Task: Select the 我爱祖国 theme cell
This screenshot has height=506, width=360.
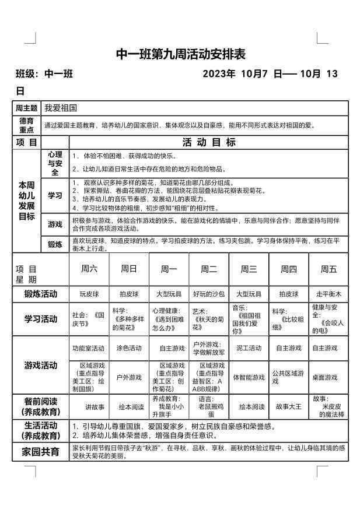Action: coord(61,108)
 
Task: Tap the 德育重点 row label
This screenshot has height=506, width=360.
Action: coord(27,125)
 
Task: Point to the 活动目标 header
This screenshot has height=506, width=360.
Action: coord(209,142)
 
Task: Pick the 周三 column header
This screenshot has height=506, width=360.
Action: coord(249,269)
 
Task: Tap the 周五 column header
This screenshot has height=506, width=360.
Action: coord(328,269)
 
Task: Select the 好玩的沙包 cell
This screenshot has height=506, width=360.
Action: coord(208,294)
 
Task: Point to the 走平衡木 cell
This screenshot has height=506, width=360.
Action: coord(328,294)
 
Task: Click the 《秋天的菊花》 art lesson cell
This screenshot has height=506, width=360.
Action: coord(208,319)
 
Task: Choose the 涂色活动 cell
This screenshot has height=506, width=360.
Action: coord(129,348)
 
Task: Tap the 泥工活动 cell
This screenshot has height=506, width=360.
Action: coord(249,348)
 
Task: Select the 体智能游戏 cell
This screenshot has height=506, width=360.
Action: coord(249,377)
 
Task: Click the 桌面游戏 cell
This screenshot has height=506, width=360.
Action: coord(328,377)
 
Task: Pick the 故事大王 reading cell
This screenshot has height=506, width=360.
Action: coord(288,407)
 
